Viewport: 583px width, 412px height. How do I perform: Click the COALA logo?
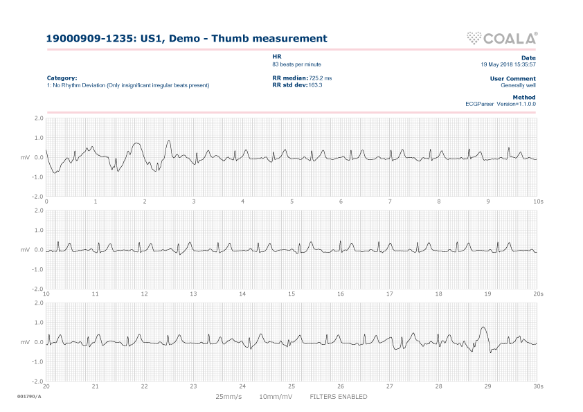click(x=503, y=38)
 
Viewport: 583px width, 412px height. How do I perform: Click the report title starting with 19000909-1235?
click(x=186, y=39)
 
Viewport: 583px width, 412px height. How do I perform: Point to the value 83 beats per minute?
click(x=296, y=64)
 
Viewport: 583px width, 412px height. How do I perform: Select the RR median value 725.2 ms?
click(x=321, y=78)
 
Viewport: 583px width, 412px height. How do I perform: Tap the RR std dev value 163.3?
click(x=316, y=85)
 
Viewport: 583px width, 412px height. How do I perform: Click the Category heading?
click(x=62, y=78)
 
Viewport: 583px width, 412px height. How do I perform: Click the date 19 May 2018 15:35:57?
click(x=508, y=64)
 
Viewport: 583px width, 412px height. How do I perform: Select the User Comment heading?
click(x=512, y=78)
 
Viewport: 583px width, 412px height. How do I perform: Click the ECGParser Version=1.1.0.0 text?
click(x=501, y=104)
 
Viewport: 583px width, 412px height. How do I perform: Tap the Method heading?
click(x=524, y=97)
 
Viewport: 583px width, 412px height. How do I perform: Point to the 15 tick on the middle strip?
click(x=291, y=294)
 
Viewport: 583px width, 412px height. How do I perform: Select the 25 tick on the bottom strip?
click(x=291, y=386)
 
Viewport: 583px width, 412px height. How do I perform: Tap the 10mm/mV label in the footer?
click(x=275, y=397)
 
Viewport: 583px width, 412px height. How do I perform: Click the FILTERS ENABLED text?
click(x=339, y=397)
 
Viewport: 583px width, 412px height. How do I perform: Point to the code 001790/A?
click(x=29, y=396)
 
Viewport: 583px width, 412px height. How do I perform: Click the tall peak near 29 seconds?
click(x=483, y=328)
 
